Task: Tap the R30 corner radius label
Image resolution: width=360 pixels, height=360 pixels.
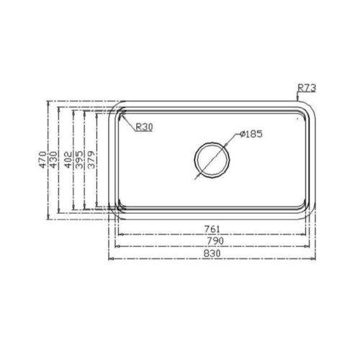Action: tap(144, 127)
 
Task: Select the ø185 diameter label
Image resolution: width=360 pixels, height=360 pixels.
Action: tap(249, 134)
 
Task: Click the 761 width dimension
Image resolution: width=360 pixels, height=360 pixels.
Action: tap(212, 230)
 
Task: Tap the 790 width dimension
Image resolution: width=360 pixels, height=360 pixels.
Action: tap(212, 240)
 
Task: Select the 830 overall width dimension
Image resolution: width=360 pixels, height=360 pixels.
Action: tap(212, 252)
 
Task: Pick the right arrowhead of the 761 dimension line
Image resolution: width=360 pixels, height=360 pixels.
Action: tap(305, 235)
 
